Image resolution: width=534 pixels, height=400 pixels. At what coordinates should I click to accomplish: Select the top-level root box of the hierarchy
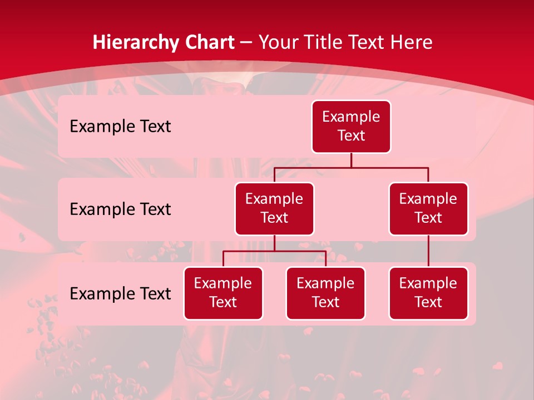(x=351, y=127)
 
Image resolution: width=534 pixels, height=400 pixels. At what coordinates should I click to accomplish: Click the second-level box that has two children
(x=274, y=209)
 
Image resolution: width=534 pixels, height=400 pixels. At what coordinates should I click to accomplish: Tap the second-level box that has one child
(x=428, y=209)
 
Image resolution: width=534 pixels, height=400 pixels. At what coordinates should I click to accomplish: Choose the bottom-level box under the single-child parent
(x=428, y=293)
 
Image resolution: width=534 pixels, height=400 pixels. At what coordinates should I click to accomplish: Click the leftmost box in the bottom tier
(x=223, y=293)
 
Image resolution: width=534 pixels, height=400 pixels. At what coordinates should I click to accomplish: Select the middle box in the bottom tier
(x=325, y=293)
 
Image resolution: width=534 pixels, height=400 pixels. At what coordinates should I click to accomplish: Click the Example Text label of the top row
(x=120, y=127)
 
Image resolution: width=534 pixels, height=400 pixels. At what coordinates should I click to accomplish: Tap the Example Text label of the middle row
(x=120, y=209)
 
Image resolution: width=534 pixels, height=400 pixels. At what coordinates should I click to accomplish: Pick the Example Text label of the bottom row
(x=120, y=294)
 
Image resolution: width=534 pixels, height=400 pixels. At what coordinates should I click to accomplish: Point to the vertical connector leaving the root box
(x=351, y=160)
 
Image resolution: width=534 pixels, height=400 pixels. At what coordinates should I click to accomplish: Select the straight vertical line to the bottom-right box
(x=428, y=251)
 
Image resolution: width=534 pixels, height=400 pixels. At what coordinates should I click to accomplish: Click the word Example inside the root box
(x=351, y=117)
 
